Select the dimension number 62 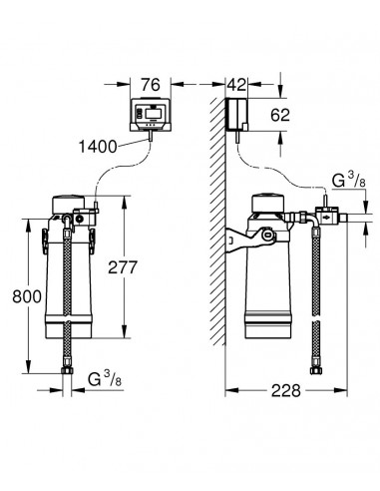pyautogui.click(x=281, y=114)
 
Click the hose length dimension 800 pyautogui.click(x=28, y=295)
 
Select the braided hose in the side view pyautogui.click(x=317, y=289)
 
